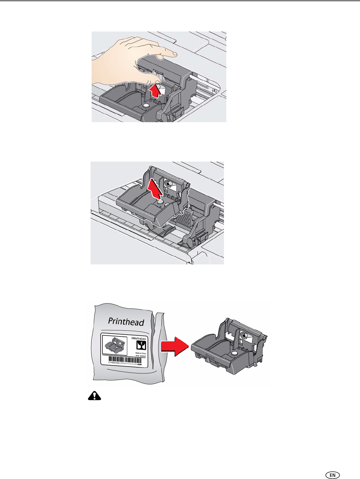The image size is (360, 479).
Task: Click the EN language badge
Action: [332, 475]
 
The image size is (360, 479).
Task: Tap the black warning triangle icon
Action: [94, 396]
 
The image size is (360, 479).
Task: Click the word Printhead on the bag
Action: [126, 322]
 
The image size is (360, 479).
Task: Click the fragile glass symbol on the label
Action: [142, 345]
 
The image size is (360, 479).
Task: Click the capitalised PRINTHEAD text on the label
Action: [138, 338]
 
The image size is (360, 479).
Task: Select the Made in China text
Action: [141, 353]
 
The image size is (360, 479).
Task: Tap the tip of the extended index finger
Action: [175, 54]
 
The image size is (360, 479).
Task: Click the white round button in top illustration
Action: [146, 105]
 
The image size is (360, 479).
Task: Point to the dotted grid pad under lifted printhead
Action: [183, 218]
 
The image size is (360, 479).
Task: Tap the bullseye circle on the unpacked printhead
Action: [244, 336]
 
